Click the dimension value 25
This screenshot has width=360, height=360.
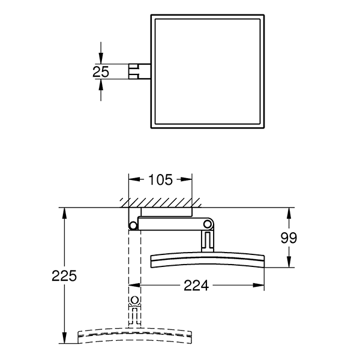click(x=101, y=71)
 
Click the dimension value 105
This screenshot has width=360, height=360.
click(x=161, y=179)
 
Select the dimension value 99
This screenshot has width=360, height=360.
click(x=289, y=238)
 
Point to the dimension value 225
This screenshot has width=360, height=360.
click(x=64, y=276)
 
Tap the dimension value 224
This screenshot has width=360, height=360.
click(x=196, y=286)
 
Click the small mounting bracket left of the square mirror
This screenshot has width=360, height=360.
click(x=137, y=71)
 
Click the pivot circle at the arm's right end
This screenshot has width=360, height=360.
click(x=208, y=224)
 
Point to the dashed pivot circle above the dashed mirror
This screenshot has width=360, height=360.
click(x=134, y=301)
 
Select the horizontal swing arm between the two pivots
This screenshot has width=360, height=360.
click(x=172, y=224)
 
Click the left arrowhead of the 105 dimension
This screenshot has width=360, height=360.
click(x=133, y=179)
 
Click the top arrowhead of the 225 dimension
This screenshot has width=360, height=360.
click(x=64, y=212)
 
